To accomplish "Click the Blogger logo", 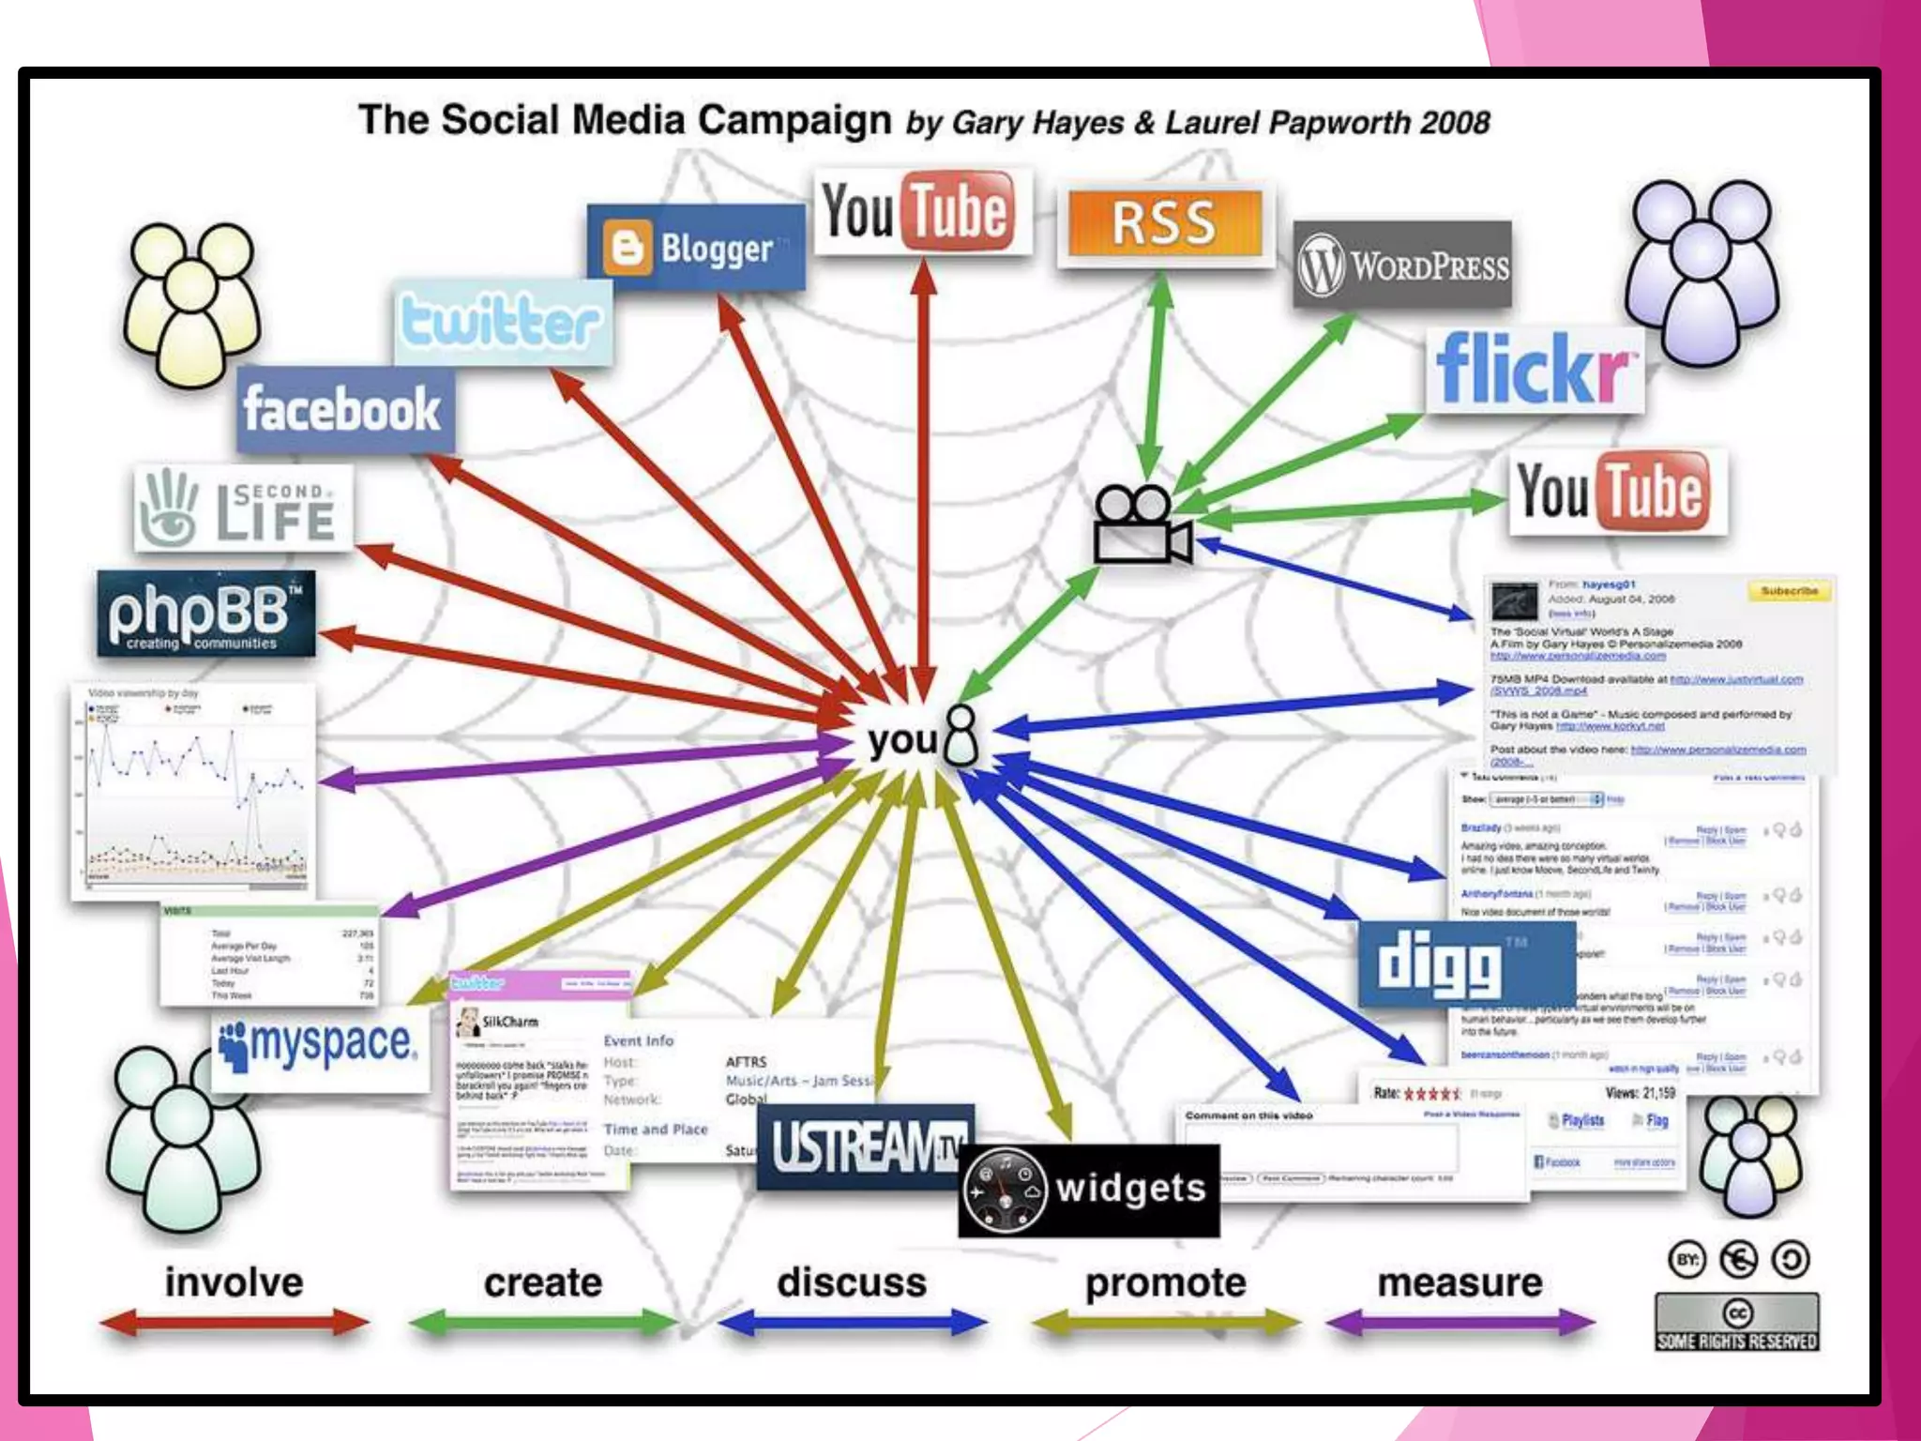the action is click(696, 247).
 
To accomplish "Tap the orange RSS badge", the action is click(1164, 223).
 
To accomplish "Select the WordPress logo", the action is click(1403, 265).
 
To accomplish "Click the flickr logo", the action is click(1534, 369).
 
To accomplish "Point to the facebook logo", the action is click(343, 409).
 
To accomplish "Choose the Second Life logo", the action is click(243, 508).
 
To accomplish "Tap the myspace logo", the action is click(319, 1045).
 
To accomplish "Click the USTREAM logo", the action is click(865, 1147).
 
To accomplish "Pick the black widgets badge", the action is click(1089, 1190).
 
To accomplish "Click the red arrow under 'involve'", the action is click(234, 1323).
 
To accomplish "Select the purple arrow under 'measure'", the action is click(1460, 1323).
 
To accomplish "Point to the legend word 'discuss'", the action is click(852, 1282).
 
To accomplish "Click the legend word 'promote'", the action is click(1165, 1282).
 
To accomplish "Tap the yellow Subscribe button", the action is click(1789, 591).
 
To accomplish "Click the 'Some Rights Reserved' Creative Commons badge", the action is click(1737, 1322).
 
